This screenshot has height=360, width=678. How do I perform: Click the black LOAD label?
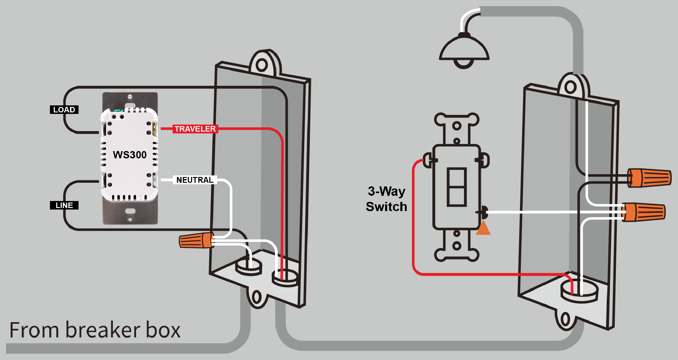click(x=64, y=110)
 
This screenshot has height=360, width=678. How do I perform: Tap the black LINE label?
click(x=64, y=205)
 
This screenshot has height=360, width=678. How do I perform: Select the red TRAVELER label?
click(x=195, y=129)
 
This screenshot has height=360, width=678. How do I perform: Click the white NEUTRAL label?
click(x=195, y=180)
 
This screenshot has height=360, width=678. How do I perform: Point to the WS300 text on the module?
click(x=130, y=155)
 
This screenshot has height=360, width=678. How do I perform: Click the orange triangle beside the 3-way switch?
click(x=483, y=229)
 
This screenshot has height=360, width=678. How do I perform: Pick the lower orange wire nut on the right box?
click(x=644, y=212)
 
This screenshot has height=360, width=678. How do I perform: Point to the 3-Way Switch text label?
click(x=386, y=199)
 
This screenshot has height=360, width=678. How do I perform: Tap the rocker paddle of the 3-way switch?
click(x=457, y=187)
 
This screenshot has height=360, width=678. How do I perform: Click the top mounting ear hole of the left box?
click(x=262, y=65)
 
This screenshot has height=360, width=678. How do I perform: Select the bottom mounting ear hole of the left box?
click(x=256, y=297)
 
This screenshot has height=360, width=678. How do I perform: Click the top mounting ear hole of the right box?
click(x=571, y=88)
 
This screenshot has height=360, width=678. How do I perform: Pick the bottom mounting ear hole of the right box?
click(x=565, y=319)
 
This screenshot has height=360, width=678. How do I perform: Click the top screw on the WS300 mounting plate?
click(x=130, y=97)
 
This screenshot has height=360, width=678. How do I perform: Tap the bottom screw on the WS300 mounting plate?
click(x=130, y=219)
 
